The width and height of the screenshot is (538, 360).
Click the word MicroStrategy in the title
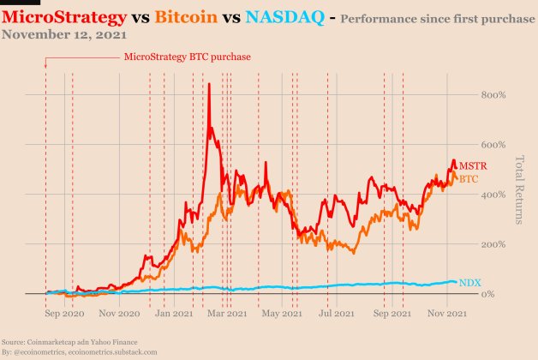63,16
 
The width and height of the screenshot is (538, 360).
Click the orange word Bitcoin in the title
186,16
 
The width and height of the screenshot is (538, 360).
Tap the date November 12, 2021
64,35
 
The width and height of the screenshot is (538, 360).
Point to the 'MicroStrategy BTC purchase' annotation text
187,57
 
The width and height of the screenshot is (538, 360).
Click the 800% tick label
494,95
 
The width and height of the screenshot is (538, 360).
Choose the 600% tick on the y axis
494,145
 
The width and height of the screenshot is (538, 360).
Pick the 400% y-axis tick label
494,195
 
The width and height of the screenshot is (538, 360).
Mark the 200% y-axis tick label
494,244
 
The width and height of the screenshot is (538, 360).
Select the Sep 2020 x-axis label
63,315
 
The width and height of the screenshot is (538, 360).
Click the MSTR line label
472,165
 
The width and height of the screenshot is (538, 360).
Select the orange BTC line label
469,179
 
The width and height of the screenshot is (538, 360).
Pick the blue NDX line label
469,282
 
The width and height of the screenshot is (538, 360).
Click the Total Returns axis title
519,189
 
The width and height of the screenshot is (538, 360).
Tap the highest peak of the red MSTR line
208,84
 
